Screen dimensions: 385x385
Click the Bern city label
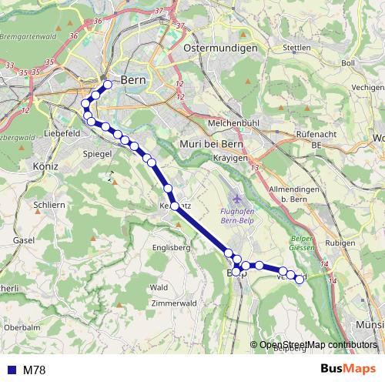129,79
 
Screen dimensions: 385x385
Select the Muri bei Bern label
210,143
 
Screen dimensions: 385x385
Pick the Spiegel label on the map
97,154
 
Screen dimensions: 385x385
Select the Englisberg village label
171,248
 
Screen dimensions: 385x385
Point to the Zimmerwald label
176,303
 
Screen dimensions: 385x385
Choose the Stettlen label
296,48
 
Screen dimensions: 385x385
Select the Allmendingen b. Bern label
295,193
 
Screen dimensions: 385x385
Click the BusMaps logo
347,369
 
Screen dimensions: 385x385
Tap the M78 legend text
34,370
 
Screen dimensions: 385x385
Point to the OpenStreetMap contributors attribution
317,344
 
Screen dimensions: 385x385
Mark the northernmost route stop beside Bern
108,85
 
